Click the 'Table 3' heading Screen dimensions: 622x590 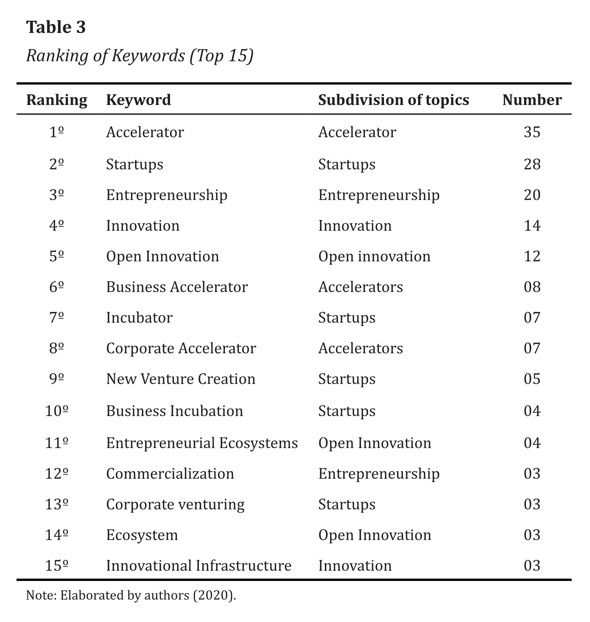(56, 27)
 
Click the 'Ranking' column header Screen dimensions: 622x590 (57, 100)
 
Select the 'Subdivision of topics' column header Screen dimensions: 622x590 (393, 100)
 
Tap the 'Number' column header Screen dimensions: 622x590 (532, 100)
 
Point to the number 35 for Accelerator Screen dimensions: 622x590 (532, 132)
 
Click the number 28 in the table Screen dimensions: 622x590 (532, 164)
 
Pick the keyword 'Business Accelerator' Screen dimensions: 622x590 (177, 287)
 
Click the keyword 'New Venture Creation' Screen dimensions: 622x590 (181, 379)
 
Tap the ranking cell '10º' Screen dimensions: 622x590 (57, 411)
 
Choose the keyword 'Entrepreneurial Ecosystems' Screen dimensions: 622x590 (202, 443)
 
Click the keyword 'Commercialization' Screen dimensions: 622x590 (170, 474)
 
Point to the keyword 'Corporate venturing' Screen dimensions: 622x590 (175, 505)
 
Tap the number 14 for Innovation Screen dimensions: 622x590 (532, 225)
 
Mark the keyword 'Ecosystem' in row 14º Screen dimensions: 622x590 (142, 535)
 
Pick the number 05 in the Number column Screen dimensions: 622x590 (532, 379)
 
